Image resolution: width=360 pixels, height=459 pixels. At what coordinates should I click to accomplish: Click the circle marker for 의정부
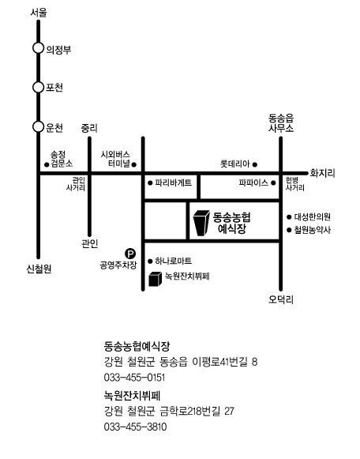click(38, 48)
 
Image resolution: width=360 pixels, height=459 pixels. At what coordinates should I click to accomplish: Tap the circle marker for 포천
click(38, 87)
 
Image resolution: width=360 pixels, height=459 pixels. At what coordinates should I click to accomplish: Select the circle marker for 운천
click(38, 127)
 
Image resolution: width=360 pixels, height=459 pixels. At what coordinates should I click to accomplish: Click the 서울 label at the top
click(39, 13)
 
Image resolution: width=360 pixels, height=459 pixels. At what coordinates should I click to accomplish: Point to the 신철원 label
click(39, 269)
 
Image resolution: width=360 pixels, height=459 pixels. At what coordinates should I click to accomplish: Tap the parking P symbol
click(130, 254)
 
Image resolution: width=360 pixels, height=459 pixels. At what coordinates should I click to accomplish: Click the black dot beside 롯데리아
click(255, 164)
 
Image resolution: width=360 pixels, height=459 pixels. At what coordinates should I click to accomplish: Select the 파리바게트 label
click(174, 183)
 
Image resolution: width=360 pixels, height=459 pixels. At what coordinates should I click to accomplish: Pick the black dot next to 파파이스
click(273, 183)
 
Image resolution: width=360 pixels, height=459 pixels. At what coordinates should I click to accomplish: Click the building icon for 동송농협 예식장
click(202, 223)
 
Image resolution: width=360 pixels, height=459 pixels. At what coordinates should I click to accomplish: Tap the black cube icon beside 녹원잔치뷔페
click(156, 279)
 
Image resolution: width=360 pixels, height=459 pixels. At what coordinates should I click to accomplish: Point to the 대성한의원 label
click(313, 217)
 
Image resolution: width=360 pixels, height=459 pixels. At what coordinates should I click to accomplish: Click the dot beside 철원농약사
click(289, 230)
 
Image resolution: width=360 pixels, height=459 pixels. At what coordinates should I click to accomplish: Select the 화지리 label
click(323, 173)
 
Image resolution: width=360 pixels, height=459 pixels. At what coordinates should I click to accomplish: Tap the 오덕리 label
click(281, 299)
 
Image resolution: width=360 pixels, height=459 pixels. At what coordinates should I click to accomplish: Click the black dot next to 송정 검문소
click(47, 165)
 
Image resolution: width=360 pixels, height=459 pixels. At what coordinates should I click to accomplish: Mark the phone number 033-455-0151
click(134, 378)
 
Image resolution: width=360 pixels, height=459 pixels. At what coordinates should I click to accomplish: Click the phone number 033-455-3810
click(135, 427)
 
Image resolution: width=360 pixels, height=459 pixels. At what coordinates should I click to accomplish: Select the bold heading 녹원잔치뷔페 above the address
click(132, 396)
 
